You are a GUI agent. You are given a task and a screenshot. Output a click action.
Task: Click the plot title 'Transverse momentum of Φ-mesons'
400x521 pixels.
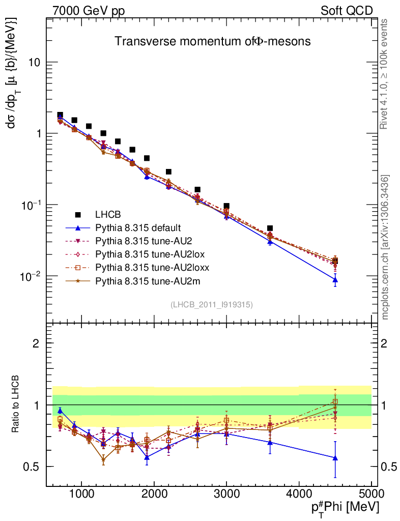coord(212,42)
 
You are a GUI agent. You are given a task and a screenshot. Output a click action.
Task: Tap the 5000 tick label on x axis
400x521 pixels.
coord(372,494)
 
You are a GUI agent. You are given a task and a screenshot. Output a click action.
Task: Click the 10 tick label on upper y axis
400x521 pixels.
coord(36,63)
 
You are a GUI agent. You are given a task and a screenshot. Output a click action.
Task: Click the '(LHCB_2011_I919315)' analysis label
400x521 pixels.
coord(212,304)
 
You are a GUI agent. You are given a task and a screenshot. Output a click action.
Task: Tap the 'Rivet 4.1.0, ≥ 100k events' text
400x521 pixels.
coord(385,74)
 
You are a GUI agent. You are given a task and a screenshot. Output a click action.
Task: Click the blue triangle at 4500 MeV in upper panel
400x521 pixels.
coord(335,279)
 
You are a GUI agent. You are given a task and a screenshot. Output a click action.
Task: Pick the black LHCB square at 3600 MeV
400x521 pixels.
coord(270,228)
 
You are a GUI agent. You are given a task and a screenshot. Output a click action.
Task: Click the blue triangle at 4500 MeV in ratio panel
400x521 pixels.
coord(335,458)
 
